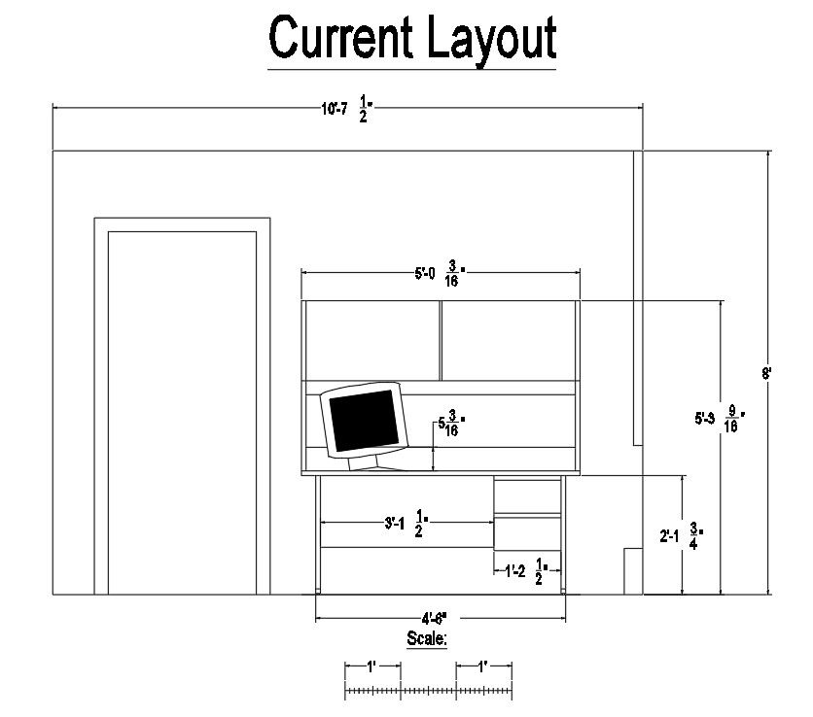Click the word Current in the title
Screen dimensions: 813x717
pyautogui.click(x=342, y=38)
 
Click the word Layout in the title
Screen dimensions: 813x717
pyautogui.click(x=490, y=40)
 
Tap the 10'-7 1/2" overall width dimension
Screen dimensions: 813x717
pyautogui.click(x=347, y=110)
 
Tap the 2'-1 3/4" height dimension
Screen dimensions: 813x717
pyautogui.click(x=681, y=535)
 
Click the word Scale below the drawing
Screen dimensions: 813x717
pyautogui.click(x=427, y=638)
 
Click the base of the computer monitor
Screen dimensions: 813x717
pyautogui.click(x=374, y=463)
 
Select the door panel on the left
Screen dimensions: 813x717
pyautogui.click(x=182, y=412)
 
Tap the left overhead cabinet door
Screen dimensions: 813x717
pyautogui.click(x=371, y=340)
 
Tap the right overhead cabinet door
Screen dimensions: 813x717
pyautogui.click(x=510, y=340)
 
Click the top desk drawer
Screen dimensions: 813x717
pyautogui.click(x=528, y=496)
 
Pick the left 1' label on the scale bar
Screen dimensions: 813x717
pyautogui.click(x=372, y=666)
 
